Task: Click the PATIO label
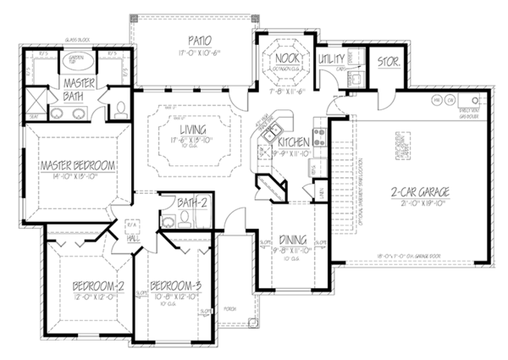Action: pyautogui.click(x=194, y=42)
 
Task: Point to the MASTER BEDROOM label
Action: pyautogui.click(x=70, y=165)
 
